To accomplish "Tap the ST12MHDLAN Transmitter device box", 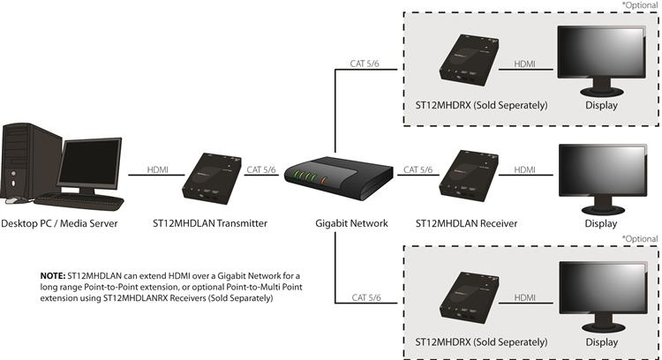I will click(x=211, y=177).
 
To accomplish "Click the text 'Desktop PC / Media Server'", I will click(x=59, y=223).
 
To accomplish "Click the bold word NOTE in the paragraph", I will click(x=52, y=276).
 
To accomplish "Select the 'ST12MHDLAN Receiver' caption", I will click(x=472, y=223).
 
